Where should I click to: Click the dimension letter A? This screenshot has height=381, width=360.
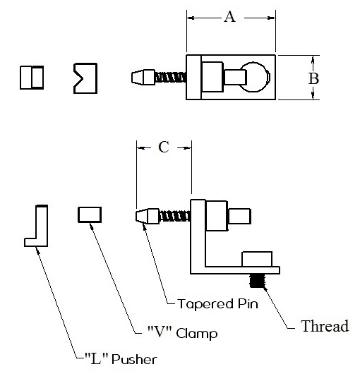coord(229,17)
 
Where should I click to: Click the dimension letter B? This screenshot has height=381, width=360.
coord(313,78)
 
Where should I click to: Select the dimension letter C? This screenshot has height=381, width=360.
coord(164,147)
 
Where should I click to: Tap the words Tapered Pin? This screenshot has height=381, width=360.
coord(217,303)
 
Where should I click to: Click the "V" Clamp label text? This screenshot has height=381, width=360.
coord(182,332)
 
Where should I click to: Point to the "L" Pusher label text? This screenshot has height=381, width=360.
coord(121,359)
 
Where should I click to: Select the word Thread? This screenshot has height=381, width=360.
coord(325,326)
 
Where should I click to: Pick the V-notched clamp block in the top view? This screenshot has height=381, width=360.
coord(85,78)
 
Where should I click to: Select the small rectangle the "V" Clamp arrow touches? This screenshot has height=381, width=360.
coord(90,214)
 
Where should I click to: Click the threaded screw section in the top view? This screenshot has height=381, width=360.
coord(170,78)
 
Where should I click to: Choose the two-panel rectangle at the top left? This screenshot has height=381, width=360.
coord(32,78)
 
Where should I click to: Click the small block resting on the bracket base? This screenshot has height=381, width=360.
coord(257,259)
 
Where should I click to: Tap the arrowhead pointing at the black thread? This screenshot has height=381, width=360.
coord(265,289)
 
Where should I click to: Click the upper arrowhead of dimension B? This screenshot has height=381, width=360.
coord(313,59)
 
